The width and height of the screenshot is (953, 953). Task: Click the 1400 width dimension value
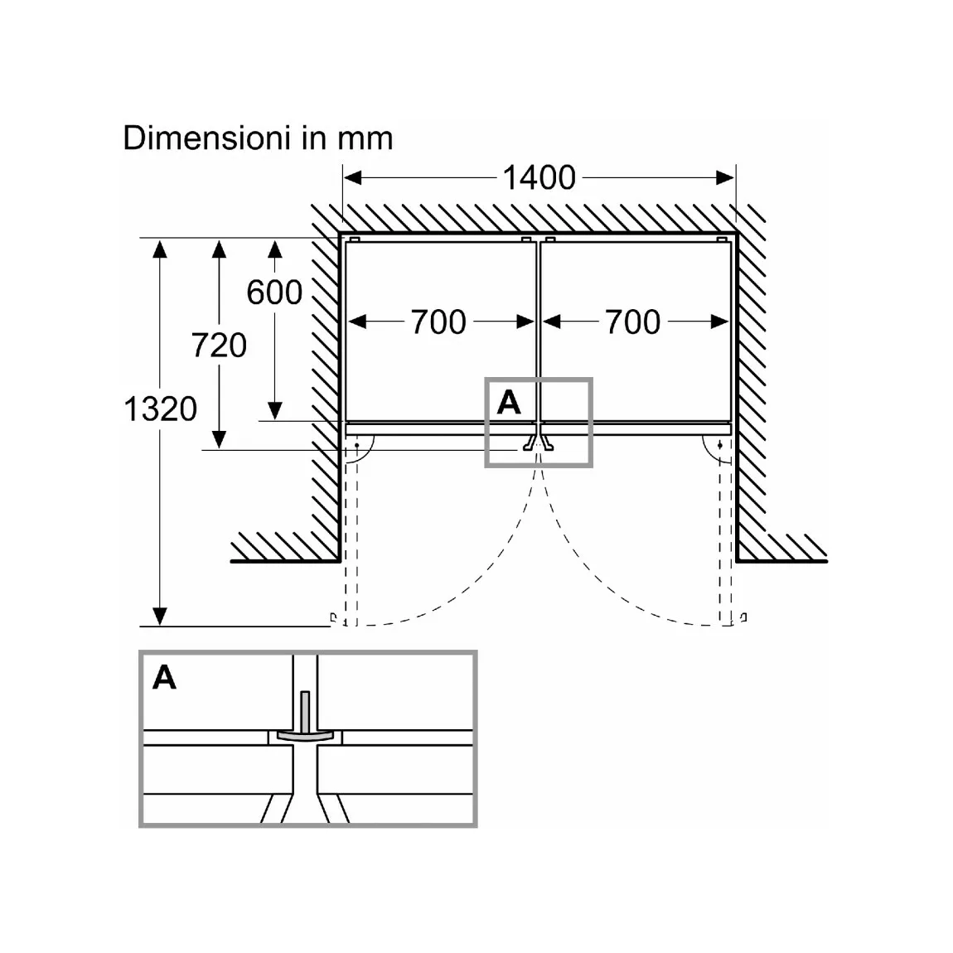tap(539, 177)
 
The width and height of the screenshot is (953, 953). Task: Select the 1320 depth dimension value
tap(161, 409)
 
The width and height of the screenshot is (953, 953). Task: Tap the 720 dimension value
tap(219, 346)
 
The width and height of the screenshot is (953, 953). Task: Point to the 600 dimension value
tap(275, 293)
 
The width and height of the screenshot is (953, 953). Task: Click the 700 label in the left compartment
tap(438, 322)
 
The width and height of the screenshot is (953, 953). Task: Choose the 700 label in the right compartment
tap(632, 322)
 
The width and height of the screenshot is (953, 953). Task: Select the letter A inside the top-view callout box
tap(509, 403)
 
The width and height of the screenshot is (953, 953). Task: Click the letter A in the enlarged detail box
tap(165, 677)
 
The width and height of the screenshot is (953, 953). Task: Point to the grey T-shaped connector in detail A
tap(305, 723)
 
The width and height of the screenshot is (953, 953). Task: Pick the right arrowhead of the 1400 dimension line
tap(725, 177)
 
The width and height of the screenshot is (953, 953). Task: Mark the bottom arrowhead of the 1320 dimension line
tap(160, 617)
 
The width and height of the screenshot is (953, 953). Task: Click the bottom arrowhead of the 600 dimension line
tap(275, 412)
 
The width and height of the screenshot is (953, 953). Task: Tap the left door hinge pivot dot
tap(357, 446)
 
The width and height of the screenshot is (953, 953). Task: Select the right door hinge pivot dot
tap(720, 446)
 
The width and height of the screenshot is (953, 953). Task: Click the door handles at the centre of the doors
tap(539, 443)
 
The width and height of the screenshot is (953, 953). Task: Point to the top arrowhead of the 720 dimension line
tap(219, 249)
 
